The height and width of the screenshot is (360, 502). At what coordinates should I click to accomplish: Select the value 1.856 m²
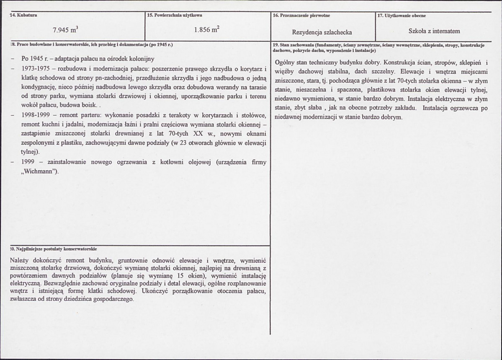(x=207, y=30)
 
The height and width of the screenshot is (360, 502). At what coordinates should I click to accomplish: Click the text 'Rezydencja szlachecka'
(x=322, y=32)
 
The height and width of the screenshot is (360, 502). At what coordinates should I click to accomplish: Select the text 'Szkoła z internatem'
(x=434, y=31)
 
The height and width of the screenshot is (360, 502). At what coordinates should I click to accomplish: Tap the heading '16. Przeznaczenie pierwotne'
(x=301, y=16)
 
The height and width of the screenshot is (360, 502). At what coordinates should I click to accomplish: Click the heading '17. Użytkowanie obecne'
(x=402, y=16)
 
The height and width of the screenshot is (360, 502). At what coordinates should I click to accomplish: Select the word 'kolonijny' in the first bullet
(x=143, y=59)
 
